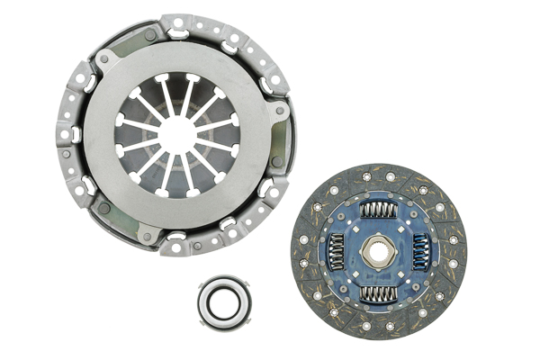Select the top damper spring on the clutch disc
(x=378, y=210)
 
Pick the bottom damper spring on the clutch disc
(x=378, y=293)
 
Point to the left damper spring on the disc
(x=335, y=251)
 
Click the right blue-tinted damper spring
(x=421, y=251)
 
